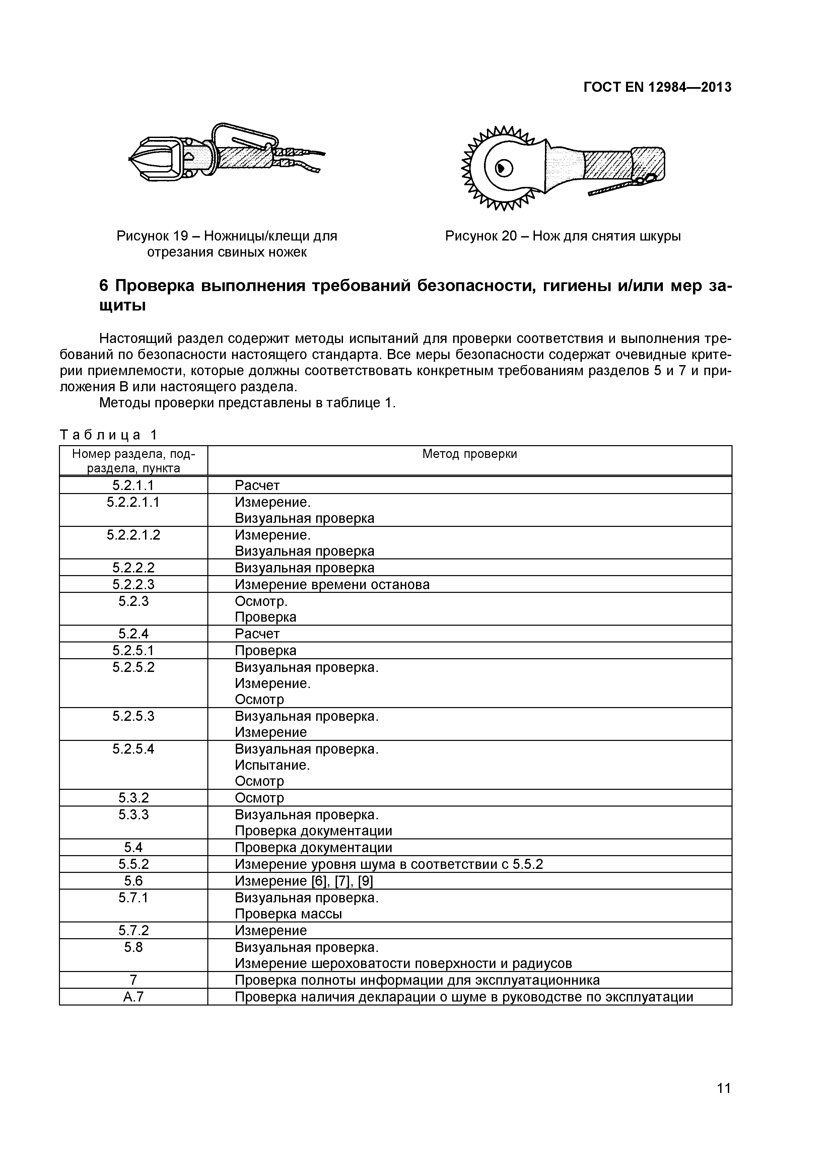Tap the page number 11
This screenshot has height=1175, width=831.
[723, 1102]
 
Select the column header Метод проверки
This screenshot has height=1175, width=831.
[469, 454]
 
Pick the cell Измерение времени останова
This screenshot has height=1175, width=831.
[332, 584]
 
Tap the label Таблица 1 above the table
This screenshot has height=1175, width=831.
[109, 435]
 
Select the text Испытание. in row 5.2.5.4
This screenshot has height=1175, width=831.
[272, 765]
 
